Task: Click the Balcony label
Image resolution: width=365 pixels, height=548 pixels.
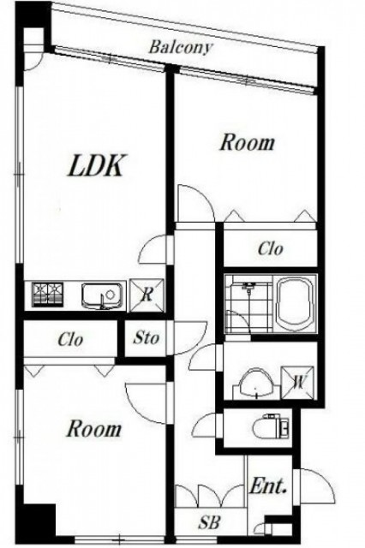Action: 181,47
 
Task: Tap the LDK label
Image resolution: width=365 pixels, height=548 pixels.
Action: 96,165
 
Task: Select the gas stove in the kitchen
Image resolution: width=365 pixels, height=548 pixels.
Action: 47,294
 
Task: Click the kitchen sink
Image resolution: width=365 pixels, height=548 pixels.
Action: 103,295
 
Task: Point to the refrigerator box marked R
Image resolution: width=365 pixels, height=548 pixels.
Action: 147,295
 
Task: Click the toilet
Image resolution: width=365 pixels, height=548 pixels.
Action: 272,426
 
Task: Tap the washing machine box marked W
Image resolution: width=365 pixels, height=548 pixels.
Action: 297,383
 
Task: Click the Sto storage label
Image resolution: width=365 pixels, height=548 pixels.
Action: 147,337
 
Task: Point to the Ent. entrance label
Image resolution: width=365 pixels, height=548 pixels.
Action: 268,485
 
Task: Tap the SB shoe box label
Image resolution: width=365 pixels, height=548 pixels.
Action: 209,523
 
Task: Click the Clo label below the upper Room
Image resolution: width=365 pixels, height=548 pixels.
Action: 271,249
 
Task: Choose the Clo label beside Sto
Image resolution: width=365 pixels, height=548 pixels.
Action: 70,339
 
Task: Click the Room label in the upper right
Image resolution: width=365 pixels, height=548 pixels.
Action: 247,143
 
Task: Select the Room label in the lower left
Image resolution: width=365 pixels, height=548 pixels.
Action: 94,429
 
